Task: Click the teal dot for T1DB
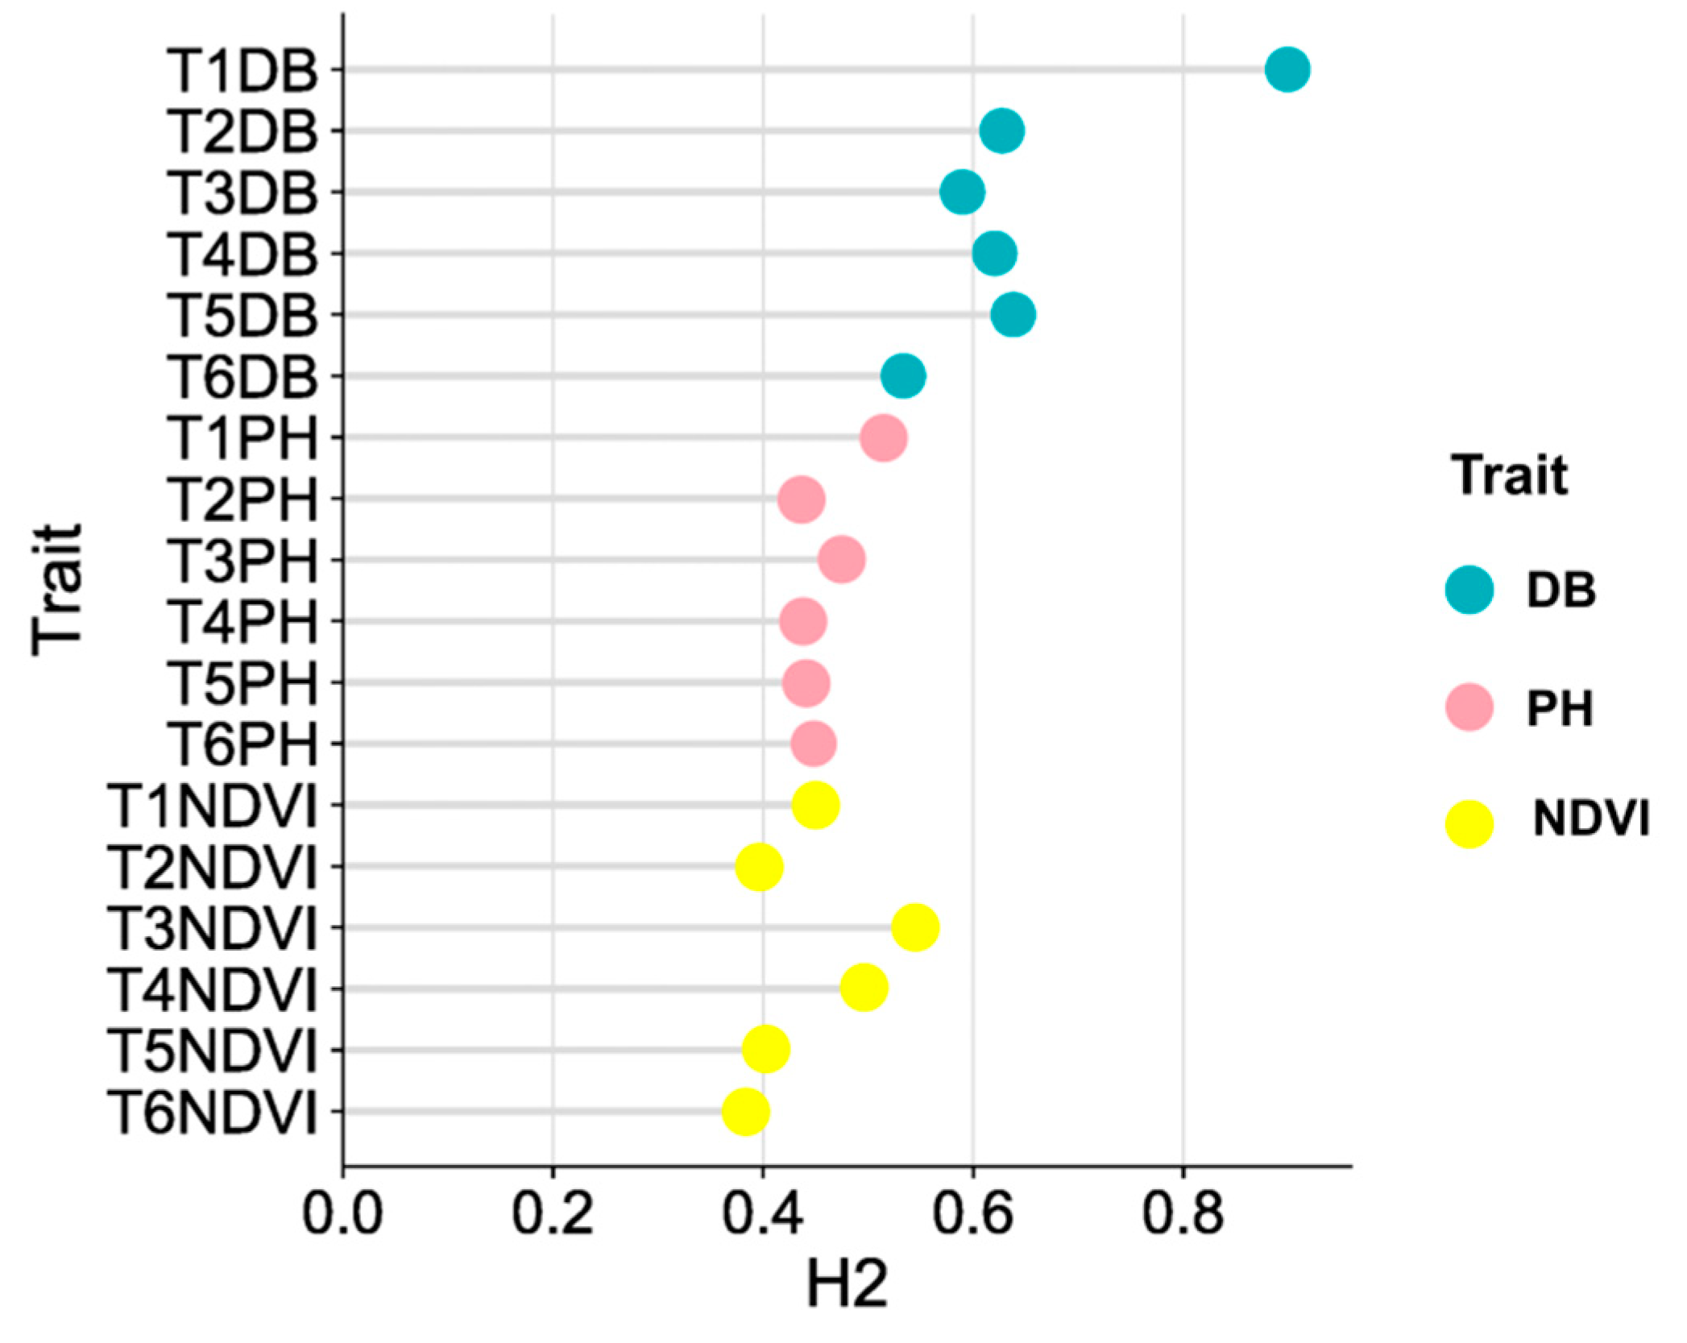(1287, 70)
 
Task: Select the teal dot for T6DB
(903, 376)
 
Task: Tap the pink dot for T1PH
(884, 438)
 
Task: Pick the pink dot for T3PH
(842, 560)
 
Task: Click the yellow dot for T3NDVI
(915, 927)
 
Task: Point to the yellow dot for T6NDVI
(746, 1111)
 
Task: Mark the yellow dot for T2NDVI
(759, 867)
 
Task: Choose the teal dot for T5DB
(1013, 314)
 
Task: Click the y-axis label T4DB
(242, 254)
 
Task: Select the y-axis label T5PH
(242, 682)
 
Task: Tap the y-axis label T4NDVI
(213, 989)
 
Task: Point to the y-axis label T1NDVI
(213, 805)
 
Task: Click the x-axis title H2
(847, 1284)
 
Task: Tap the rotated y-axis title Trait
(58, 590)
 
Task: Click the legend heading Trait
(1509, 475)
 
